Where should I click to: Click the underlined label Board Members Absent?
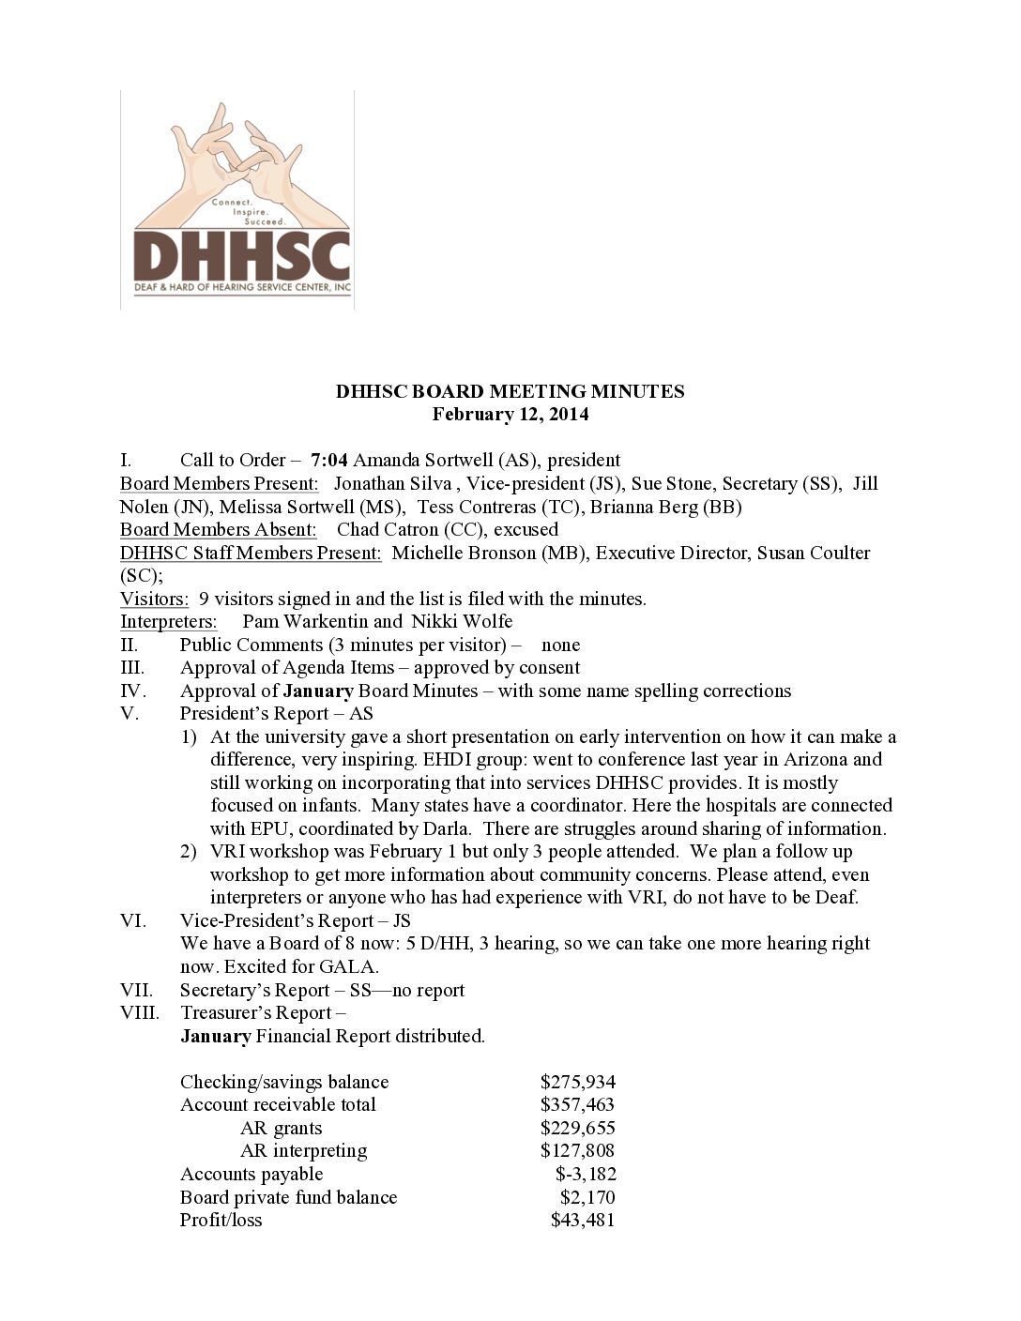click(218, 529)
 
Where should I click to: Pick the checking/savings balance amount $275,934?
click(577, 1082)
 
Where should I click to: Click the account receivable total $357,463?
click(577, 1104)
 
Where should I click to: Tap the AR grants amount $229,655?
click(577, 1128)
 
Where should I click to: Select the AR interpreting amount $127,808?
click(577, 1150)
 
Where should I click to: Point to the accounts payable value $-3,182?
click(586, 1174)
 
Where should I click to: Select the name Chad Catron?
click(388, 529)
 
